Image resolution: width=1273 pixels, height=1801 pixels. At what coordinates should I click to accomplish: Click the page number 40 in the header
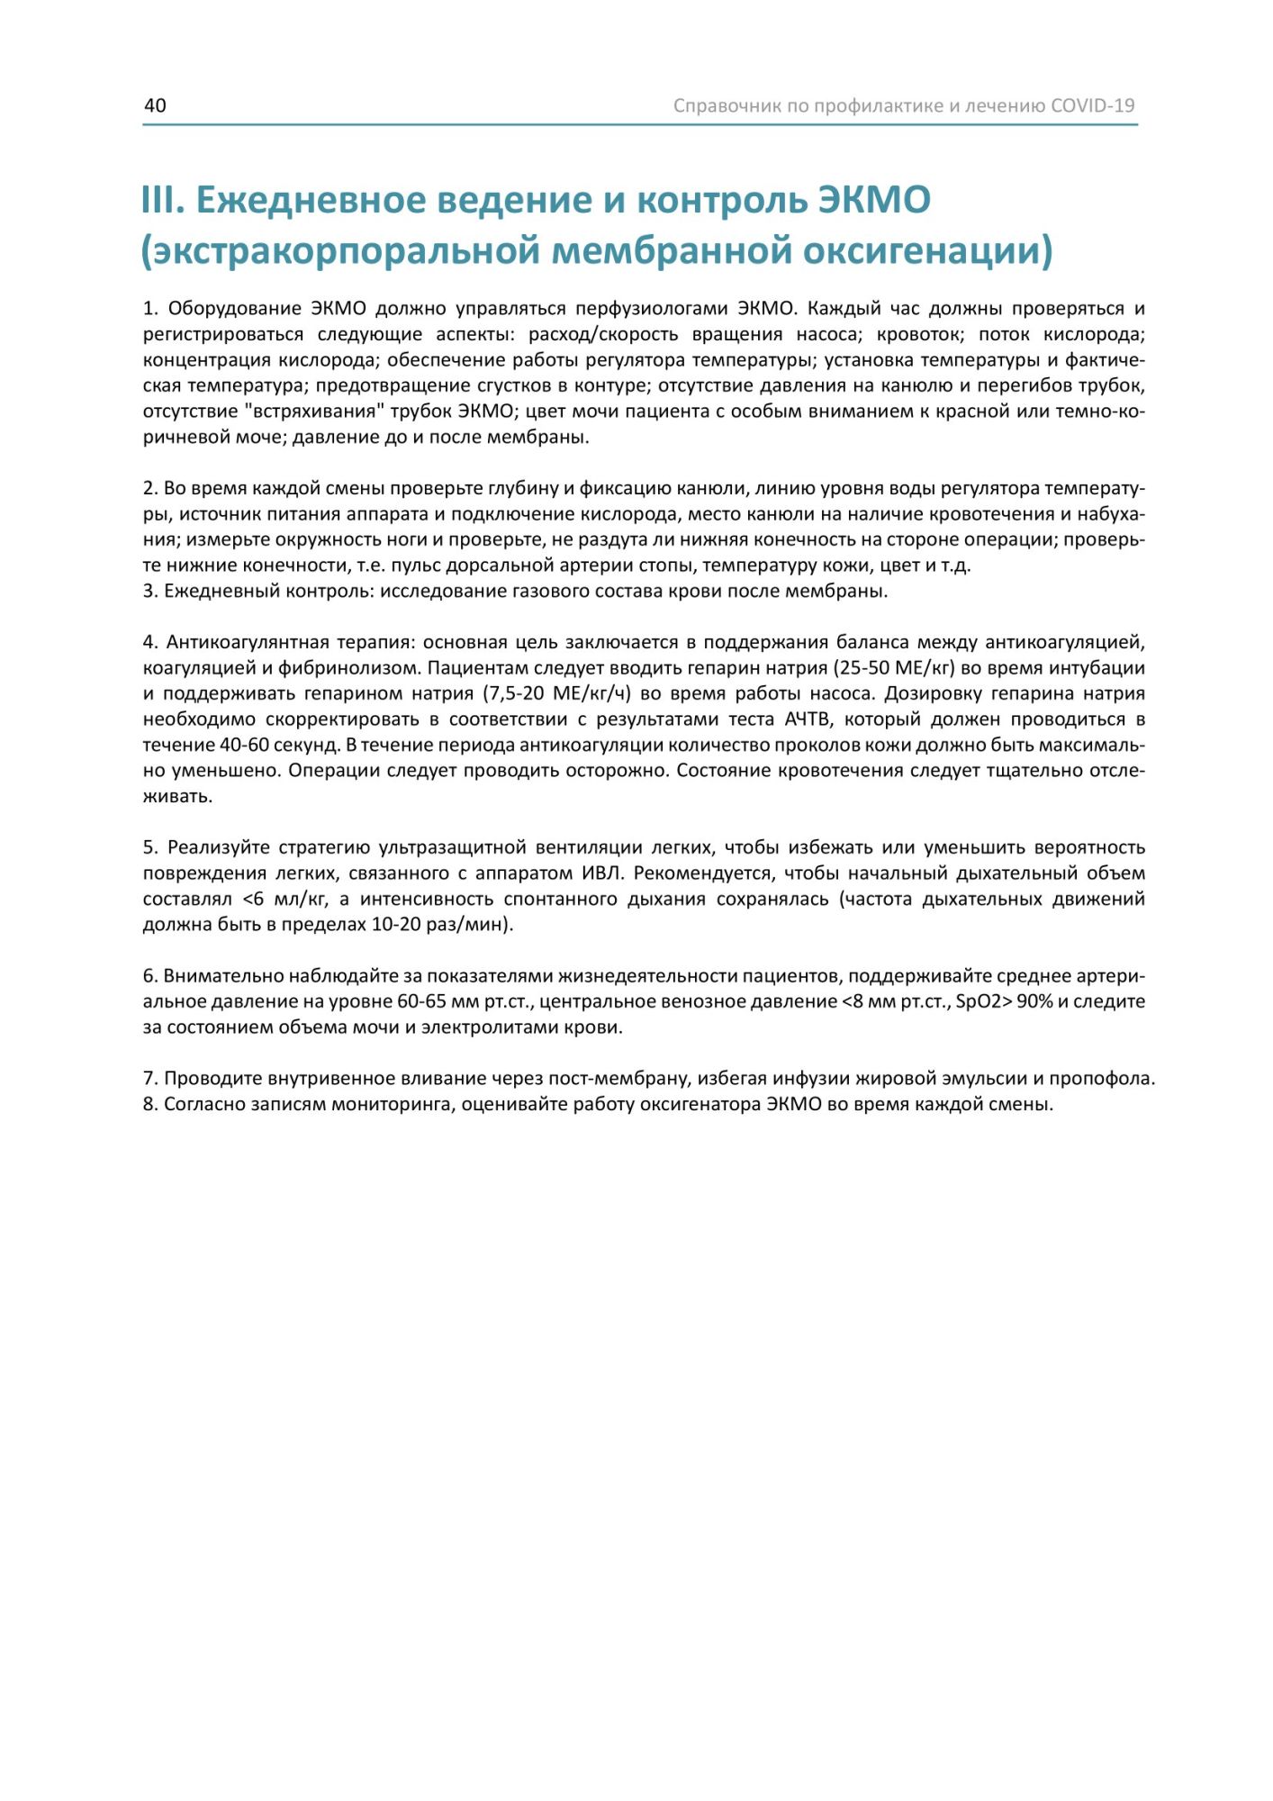pyautogui.click(x=155, y=105)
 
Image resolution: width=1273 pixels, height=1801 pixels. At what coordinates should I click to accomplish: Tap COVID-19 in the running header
pyautogui.click(x=1092, y=105)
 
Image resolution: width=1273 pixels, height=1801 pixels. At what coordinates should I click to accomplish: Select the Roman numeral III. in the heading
pyautogui.click(x=163, y=200)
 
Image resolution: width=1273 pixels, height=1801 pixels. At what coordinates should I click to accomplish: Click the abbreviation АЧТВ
pyautogui.click(x=816, y=719)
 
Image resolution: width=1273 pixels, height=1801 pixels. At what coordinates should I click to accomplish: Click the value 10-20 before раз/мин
pyautogui.click(x=396, y=925)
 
